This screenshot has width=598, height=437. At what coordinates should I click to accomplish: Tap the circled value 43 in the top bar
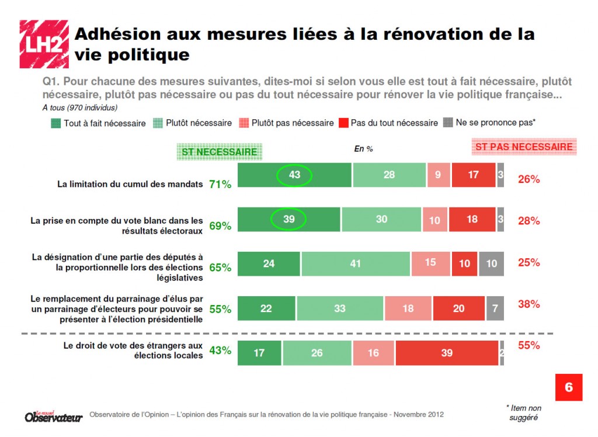click(294, 175)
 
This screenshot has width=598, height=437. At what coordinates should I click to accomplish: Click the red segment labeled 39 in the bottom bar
click(447, 353)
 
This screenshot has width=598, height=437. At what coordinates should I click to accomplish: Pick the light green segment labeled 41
click(356, 263)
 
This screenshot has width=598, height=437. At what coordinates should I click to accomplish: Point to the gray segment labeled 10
click(492, 263)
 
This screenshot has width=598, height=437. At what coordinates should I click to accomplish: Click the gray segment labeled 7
click(495, 308)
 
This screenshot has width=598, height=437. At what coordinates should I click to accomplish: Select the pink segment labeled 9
click(438, 175)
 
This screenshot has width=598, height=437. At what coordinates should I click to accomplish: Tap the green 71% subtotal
click(220, 185)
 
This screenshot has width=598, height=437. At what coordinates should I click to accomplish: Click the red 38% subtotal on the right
click(529, 304)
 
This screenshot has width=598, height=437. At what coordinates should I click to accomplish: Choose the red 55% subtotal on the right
click(529, 345)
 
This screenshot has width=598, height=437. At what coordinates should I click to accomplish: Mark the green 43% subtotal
click(220, 351)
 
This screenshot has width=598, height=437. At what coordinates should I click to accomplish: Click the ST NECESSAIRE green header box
click(220, 151)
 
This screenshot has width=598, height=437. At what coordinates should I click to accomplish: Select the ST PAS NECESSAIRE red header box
click(524, 147)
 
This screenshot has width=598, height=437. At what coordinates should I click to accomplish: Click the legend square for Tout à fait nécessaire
click(55, 123)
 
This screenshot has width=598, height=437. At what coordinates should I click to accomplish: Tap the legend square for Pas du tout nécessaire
click(343, 123)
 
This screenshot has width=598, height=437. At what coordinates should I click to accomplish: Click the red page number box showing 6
click(568, 387)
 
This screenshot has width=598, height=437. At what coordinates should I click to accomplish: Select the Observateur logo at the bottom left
click(54, 415)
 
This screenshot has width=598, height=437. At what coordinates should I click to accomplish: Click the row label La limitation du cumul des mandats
click(130, 184)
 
